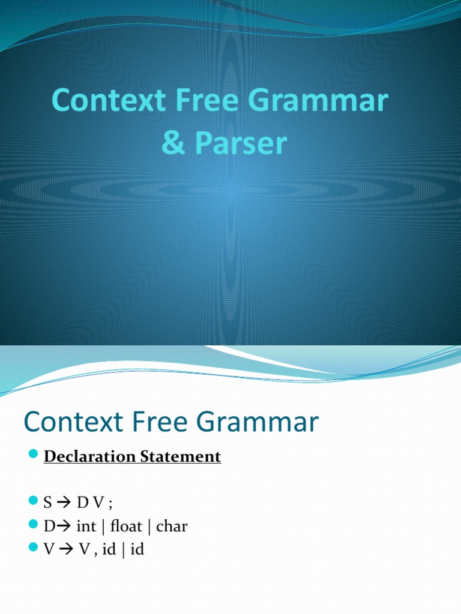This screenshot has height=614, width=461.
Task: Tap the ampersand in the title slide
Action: point(173,145)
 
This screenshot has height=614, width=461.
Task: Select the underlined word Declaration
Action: point(91,457)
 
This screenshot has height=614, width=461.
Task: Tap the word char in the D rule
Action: point(172,527)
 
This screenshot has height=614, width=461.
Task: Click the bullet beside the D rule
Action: point(34,526)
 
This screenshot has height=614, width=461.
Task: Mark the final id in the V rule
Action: point(137,549)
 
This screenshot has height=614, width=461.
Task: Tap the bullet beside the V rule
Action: point(34,548)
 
